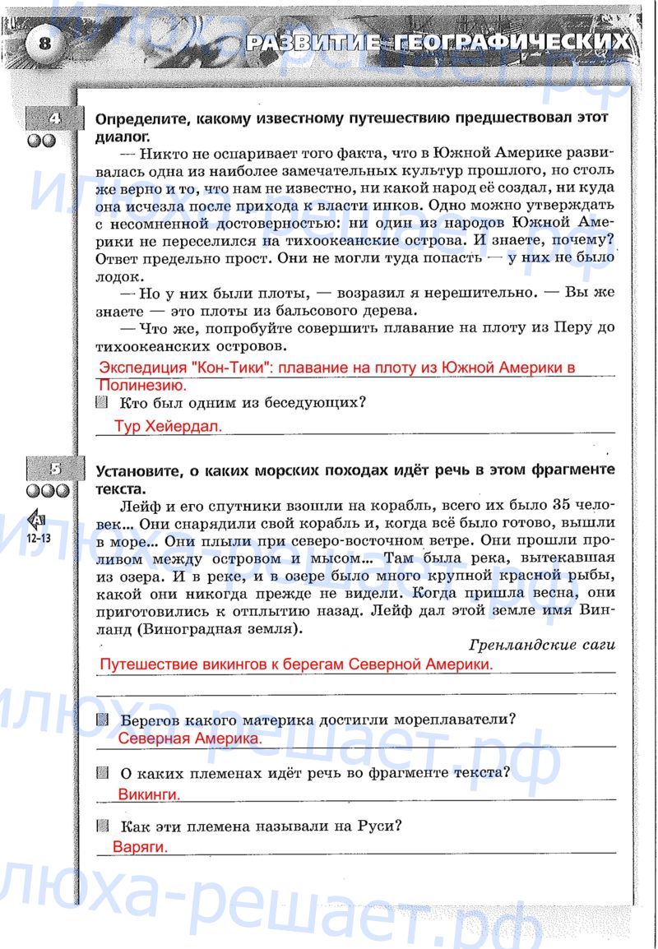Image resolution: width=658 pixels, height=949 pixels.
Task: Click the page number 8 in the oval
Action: tap(44, 44)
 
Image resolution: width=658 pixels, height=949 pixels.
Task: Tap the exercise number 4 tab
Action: tap(54, 119)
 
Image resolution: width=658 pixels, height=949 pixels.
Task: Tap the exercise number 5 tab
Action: tap(54, 470)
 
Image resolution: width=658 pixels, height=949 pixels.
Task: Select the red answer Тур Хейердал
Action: tap(169, 426)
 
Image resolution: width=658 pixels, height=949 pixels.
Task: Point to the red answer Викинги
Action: tap(149, 794)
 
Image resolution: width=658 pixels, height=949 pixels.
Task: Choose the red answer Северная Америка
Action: tap(190, 738)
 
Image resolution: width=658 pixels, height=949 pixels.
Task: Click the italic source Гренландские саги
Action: tap(542, 645)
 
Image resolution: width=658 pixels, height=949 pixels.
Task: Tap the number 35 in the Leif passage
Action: tap(562, 504)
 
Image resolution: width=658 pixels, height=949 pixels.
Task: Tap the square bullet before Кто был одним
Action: tap(102, 402)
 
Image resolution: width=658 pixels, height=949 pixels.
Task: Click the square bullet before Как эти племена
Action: tap(102, 825)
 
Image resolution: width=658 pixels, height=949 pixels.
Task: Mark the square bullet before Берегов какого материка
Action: tap(102, 720)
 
